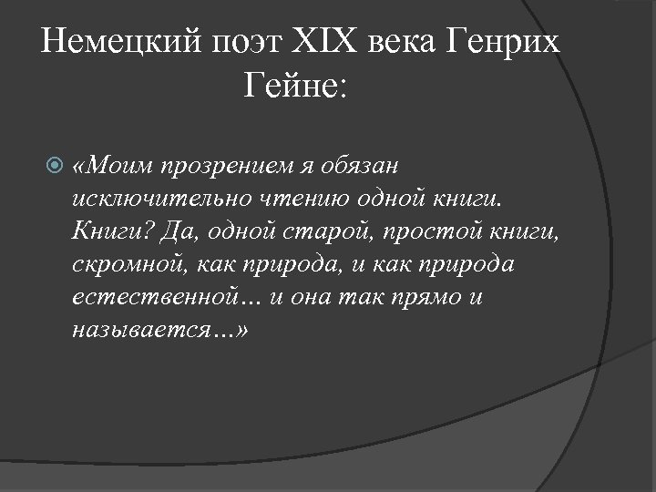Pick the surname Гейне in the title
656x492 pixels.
tap(290, 89)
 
